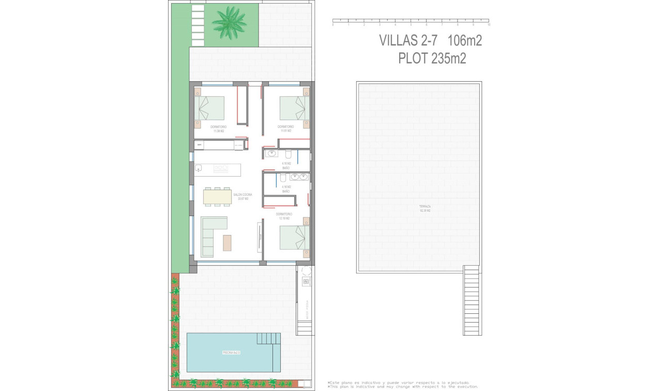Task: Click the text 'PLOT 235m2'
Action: [x=432, y=59]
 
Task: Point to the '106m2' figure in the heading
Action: [x=464, y=40]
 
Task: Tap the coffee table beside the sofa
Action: [x=228, y=242]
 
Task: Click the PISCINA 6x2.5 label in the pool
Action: [x=231, y=353]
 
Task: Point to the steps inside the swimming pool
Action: [x=268, y=339]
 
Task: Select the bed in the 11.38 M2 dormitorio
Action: [x=211, y=108]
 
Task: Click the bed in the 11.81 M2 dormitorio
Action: [x=294, y=108]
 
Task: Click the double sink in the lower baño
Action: [x=299, y=177]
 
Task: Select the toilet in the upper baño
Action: [x=289, y=154]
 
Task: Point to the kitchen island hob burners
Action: [x=221, y=168]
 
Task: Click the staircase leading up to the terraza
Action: [x=471, y=300]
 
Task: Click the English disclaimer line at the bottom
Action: [x=403, y=386]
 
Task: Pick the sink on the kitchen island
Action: [x=199, y=168]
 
